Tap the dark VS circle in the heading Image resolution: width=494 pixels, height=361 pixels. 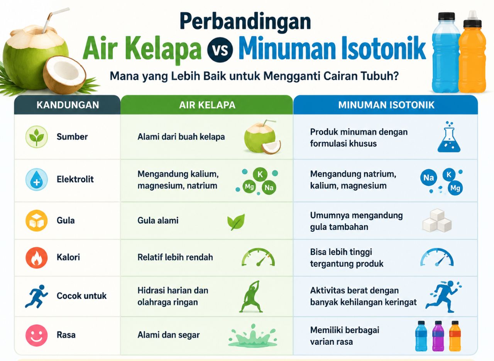220,50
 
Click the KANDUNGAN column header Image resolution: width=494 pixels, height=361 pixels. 68,105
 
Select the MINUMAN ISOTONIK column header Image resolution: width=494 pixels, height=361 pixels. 386,105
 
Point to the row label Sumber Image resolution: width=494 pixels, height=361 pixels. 72,137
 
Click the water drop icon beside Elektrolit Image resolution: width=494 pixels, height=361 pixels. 36,179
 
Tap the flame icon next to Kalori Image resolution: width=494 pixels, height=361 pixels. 36,257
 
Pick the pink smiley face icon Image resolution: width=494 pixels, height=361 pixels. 36,335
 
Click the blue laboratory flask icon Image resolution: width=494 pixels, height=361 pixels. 449,137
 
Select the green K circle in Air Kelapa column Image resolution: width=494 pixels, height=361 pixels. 260,174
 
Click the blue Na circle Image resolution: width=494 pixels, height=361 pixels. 428,178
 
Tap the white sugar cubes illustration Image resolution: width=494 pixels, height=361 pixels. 437,221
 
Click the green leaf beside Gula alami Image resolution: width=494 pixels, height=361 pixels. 236,222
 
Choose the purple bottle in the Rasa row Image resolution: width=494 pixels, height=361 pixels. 438,336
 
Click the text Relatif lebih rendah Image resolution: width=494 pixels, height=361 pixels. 175,257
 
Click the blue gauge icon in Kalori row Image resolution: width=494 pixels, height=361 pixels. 437,257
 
